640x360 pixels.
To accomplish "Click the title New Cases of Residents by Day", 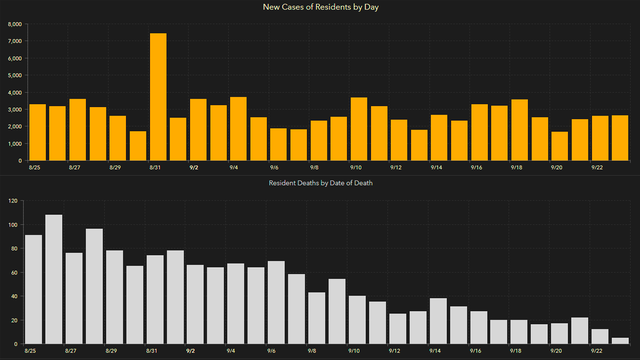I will click(x=320, y=7).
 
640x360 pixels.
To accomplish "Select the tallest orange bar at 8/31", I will click(x=158, y=96).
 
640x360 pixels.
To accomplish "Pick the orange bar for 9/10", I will click(x=359, y=129).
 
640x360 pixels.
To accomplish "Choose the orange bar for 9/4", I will click(x=238, y=129).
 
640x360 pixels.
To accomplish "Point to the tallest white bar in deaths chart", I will click(x=53, y=279).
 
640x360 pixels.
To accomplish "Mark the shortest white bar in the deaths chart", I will click(x=621, y=341).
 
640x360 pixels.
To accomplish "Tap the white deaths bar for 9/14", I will click(x=439, y=321).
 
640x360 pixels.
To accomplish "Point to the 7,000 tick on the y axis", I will click(x=14, y=41).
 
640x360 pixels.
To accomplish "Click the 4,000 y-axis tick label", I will click(x=14, y=92).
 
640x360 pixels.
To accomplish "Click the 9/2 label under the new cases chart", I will click(x=194, y=167).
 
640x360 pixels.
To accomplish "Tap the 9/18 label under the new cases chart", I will click(x=516, y=167).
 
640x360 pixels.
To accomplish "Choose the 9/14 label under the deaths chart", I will click(x=435, y=352).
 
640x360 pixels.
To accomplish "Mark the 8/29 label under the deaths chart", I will click(x=113, y=352).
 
